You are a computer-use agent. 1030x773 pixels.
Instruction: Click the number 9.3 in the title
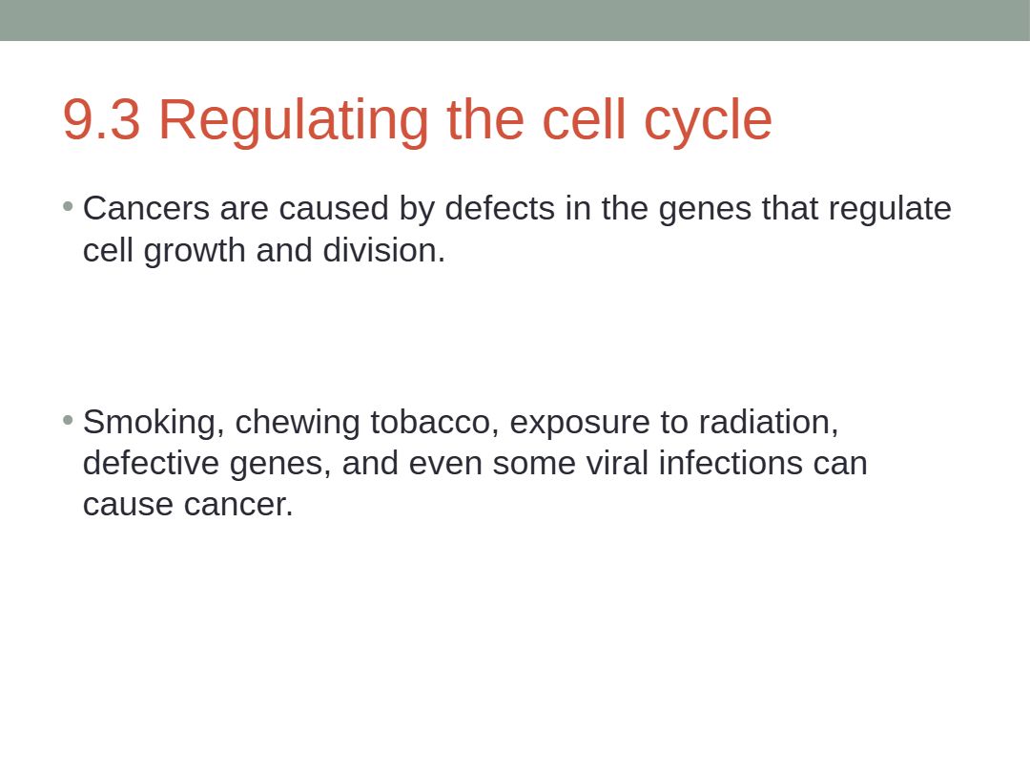101,119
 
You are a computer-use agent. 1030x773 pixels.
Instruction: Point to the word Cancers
146,208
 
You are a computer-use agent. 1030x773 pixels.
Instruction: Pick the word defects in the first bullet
500,208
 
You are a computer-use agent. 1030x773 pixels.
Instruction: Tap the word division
383,250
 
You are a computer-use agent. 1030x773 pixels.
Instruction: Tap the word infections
731,464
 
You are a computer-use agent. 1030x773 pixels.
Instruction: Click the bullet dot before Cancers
68,207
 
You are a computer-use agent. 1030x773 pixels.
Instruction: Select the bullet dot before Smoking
68,420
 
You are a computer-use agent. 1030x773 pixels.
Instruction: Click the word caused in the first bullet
334,208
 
